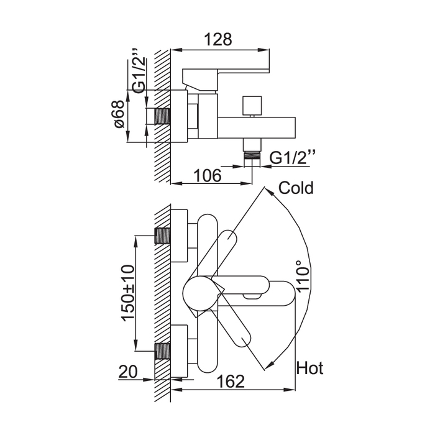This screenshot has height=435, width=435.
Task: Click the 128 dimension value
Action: [x=218, y=39]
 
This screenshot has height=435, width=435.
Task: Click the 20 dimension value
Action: [x=127, y=373]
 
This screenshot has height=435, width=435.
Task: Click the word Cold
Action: [x=296, y=188]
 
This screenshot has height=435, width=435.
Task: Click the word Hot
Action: [x=309, y=369]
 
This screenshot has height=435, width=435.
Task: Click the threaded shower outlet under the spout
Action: [x=252, y=155]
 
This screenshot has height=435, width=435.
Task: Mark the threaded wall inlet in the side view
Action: [x=162, y=117]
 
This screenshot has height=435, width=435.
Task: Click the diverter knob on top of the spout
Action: [x=252, y=106]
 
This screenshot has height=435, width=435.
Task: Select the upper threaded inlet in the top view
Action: [x=163, y=236]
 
